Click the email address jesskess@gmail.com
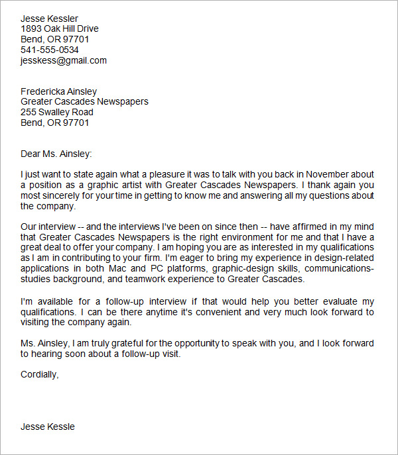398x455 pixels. pyautogui.click(x=64, y=60)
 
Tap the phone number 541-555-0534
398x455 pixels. pyautogui.click(x=50, y=50)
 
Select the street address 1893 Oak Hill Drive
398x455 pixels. pyautogui.click(x=60, y=28)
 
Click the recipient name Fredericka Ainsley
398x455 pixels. pyautogui.click(x=59, y=91)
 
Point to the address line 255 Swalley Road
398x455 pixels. pyautogui.click(x=57, y=113)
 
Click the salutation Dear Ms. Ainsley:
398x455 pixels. pyautogui.click(x=56, y=154)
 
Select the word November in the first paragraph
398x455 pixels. pyautogui.click(x=329, y=175)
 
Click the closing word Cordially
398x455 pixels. pyautogui.click(x=39, y=374)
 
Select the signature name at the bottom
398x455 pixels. pyautogui.click(x=48, y=427)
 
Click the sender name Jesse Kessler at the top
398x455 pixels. pyautogui.click(x=49, y=18)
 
